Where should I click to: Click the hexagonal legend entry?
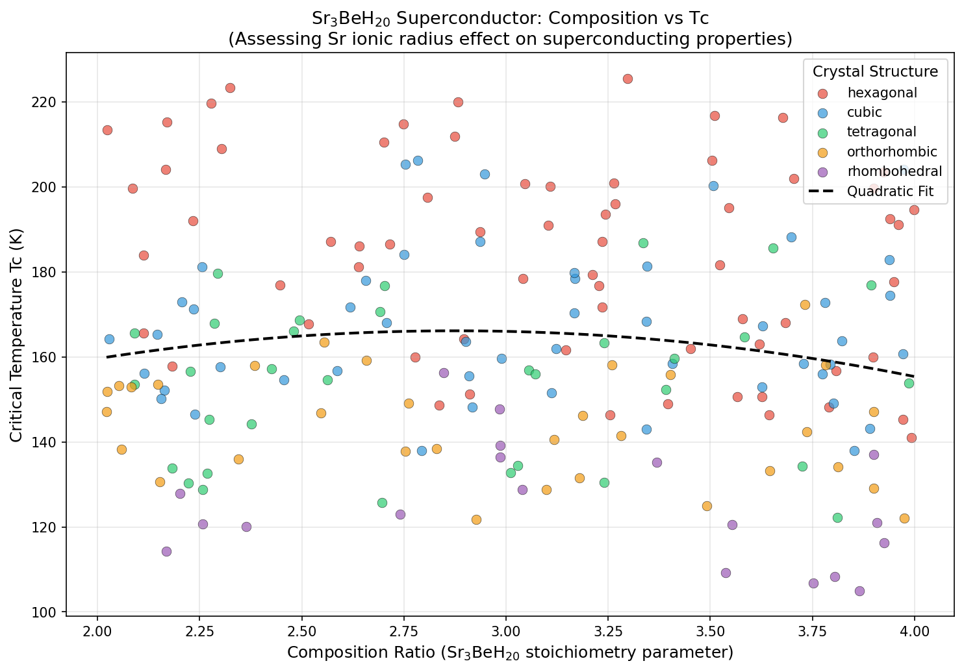click(882, 93)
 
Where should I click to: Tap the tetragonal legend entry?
click(881, 132)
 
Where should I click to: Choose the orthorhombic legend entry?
click(891, 152)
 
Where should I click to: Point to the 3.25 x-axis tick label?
click(608, 630)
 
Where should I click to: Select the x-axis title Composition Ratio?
click(510, 653)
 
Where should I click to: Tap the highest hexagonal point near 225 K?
click(628, 79)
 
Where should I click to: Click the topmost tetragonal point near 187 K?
click(643, 243)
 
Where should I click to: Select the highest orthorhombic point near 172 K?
click(805, 305)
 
